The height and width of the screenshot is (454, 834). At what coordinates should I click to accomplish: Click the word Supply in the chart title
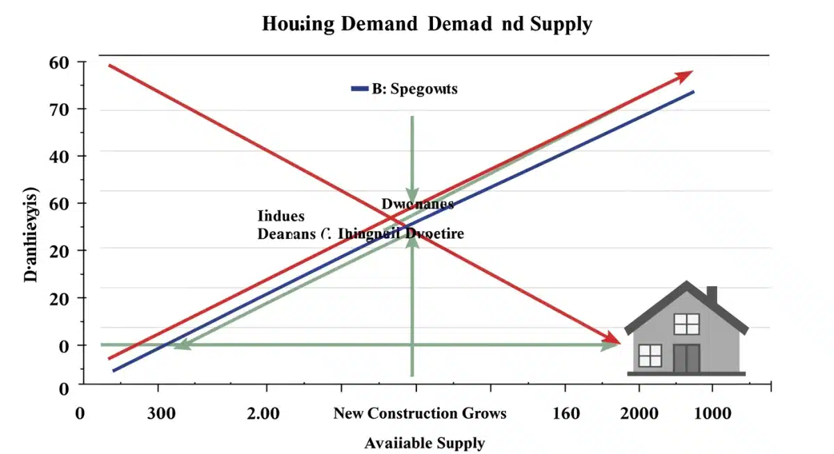tap(561, 25)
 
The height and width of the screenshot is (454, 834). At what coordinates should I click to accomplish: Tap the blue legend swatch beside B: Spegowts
tap(359, 89)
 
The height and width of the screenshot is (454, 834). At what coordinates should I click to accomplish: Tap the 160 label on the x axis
tap(566, 414)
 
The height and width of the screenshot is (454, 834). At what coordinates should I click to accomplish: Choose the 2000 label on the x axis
tap(639, 414)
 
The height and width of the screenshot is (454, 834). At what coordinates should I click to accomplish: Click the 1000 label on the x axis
tap(712, 414)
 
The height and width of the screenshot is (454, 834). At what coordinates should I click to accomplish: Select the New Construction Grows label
tap(420, 414)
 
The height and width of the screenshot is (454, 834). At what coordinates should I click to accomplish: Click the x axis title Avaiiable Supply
tap(425, 443)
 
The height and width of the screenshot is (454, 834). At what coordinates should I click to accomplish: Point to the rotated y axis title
tap(31, 234)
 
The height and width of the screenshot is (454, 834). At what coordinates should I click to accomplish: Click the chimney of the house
tap(712, 295)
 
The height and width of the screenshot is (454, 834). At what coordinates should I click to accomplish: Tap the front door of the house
tap(686, 358)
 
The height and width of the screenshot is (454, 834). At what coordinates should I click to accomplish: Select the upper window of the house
tap(686, 323)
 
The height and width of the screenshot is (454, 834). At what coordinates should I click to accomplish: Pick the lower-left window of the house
tap(650, 355)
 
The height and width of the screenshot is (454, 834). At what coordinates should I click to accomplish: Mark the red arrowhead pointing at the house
tap(611, 338)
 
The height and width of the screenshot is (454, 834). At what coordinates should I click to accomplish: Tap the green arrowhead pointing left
tap(181, 344)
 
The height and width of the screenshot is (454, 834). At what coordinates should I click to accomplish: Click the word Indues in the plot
tap(281, 216)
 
